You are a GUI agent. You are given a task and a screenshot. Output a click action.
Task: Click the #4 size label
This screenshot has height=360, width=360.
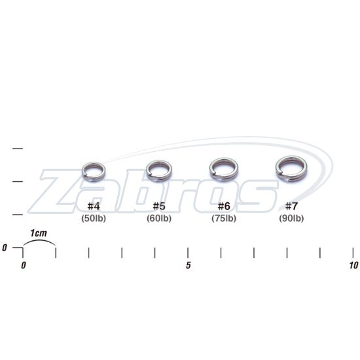click(94, 206)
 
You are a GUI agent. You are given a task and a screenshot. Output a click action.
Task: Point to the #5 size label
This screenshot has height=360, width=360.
click(159, 206)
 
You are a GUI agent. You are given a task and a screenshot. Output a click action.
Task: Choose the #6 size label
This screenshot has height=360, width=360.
click(224, 206)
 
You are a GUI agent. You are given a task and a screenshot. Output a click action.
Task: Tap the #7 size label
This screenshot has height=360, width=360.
click(291, 206)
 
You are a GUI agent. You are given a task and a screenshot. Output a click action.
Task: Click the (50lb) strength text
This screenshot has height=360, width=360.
click(94, 219)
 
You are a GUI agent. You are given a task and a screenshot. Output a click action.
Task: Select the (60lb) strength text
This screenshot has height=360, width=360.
click(159, 219)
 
